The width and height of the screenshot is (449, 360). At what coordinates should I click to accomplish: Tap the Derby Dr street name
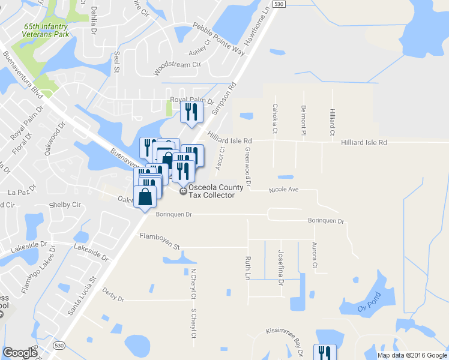tap(113, 296)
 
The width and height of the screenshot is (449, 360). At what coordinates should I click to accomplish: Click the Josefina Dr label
tap(280, 264)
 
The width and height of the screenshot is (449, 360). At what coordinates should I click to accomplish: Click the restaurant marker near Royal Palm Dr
tap(191, 112)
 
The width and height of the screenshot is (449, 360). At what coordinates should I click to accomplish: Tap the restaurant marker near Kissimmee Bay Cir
tap(325, 352)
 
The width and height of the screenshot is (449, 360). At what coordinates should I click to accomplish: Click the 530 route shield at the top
tap(277, 4)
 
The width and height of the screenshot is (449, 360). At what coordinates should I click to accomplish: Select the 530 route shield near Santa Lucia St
tap(58, 346)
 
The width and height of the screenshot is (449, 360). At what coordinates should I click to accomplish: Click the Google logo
tap(20, 353)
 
